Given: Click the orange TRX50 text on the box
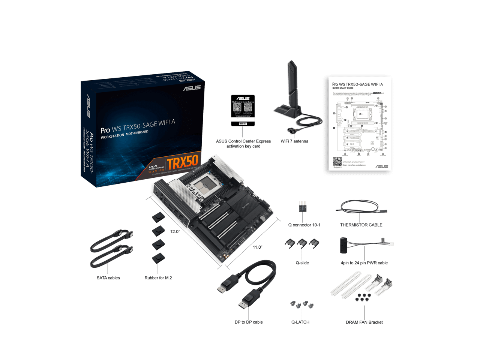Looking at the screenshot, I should pos(182,162).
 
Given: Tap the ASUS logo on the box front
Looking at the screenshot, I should pos(192,88).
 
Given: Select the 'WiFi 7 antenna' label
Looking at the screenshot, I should pos(294,141).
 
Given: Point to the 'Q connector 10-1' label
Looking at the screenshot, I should pos(304,225).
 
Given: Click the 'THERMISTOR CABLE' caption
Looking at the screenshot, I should pos(361,225).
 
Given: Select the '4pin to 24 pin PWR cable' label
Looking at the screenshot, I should pos(364,263).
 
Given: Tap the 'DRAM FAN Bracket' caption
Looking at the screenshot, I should pos(364,322).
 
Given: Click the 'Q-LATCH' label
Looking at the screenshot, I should pos(300,322).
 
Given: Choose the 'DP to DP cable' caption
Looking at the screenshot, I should pos(249,322).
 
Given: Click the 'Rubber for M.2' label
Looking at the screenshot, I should pos(158,278).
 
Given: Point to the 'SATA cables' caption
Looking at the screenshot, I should pos(108,278).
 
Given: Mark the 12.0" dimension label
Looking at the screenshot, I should pos(175,232).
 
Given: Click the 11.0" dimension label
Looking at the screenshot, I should pos(257,247).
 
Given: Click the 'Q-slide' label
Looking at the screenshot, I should pos(302,263).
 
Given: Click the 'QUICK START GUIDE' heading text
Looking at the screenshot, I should pos(343,88).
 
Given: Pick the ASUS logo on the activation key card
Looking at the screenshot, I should pos(243,98).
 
